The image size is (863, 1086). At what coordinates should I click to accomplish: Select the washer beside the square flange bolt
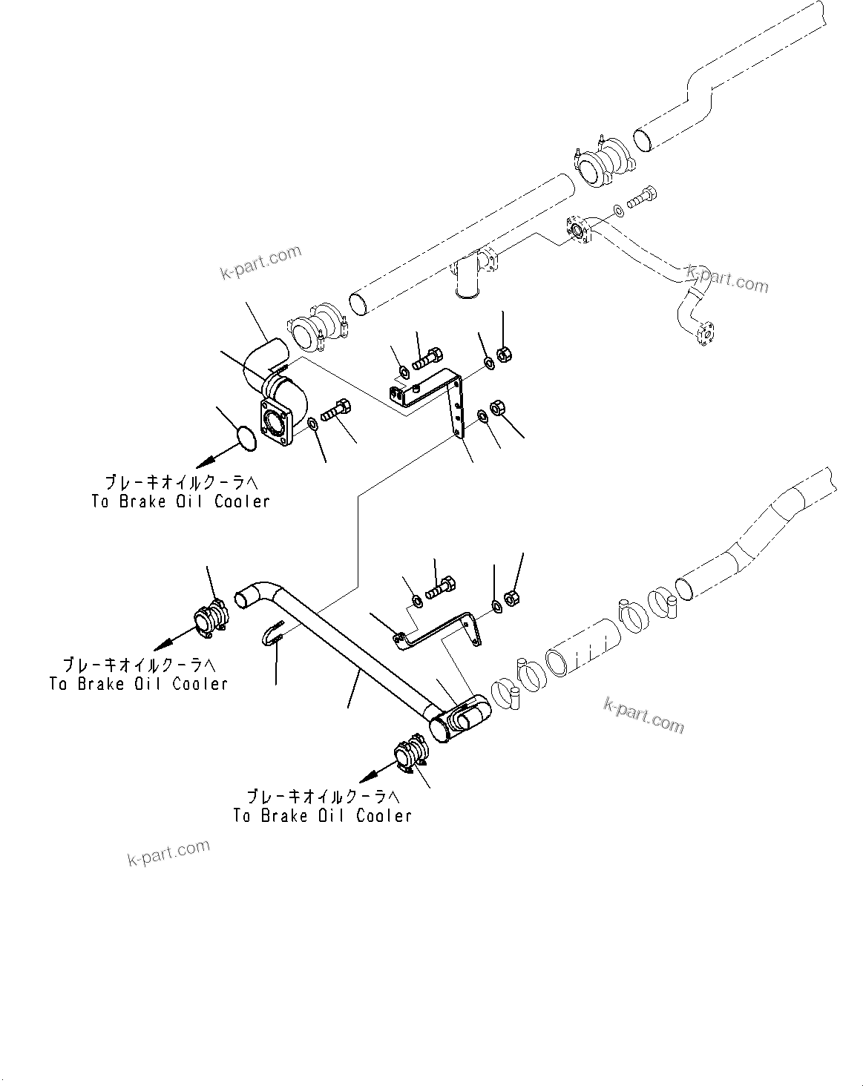tap(312, 424)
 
